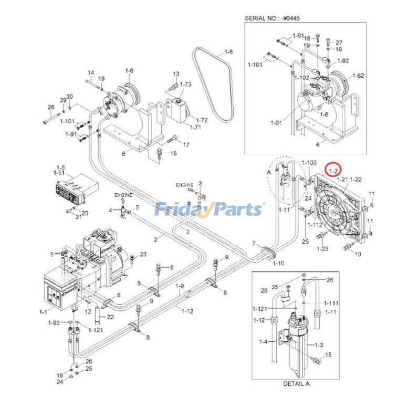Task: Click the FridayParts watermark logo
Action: pos(209,209)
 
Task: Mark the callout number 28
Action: pos(51,108)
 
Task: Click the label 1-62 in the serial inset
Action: pos(358,76)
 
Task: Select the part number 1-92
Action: pos(343,60)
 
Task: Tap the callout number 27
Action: pos(339,43)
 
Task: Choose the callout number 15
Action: pos(329,355)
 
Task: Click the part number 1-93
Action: pos(53,322)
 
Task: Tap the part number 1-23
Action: pos(322,248)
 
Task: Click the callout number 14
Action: pos(90,72)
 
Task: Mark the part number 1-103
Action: pos(309,164)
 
